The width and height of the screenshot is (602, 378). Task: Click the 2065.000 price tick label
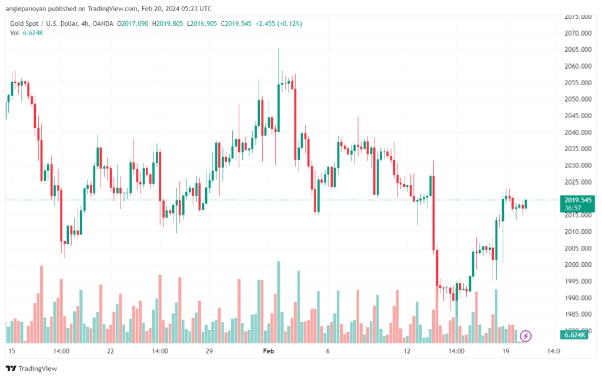[x=578, y=49]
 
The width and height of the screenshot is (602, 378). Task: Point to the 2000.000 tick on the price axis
[x=578, y=265]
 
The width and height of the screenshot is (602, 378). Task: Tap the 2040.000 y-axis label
[x=578, y=132]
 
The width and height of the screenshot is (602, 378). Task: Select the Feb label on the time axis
[x=268, y=351]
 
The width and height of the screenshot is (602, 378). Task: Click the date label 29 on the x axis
[x=209, y=351]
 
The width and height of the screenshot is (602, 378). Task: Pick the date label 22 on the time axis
[x=111, y=351]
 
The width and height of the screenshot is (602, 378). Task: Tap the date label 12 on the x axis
[x=407, y=351]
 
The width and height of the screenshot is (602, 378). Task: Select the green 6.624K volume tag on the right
[x=574, y=335]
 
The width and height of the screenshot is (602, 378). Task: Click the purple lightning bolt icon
[x=526, y=336]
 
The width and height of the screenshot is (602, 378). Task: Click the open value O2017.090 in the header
[x=132, y=24]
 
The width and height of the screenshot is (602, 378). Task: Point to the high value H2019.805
[x=168, y=24]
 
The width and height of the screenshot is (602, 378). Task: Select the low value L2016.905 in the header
[x=202, y=24]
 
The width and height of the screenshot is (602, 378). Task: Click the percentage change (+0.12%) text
[x=290, y=24]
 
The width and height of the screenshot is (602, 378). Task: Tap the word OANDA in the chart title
[x=103, y=24]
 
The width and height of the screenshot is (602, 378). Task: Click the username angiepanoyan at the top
[x=25, y=8]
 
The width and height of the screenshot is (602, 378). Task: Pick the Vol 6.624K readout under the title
[x=26, y=33]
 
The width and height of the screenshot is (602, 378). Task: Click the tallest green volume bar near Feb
[x=279, y=302]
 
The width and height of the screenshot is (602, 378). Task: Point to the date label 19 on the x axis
[x=506, y=351]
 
